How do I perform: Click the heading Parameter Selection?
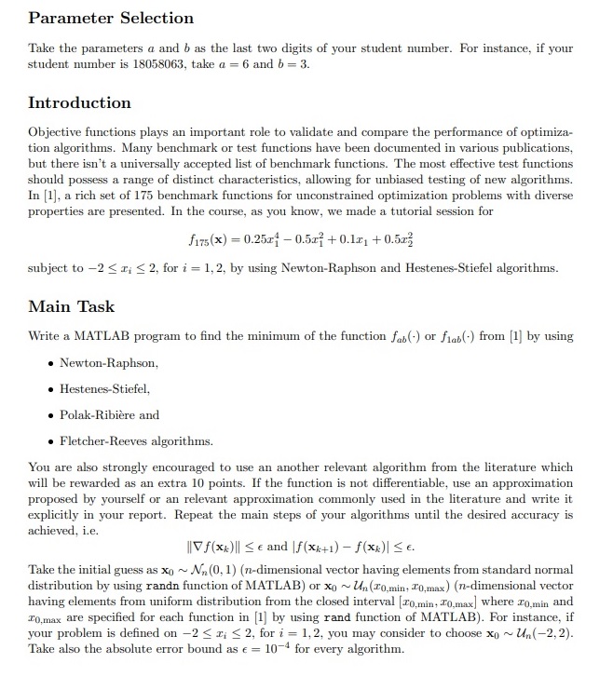click(111, 18)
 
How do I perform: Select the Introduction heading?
click(79, 102)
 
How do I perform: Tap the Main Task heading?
click(72, 306)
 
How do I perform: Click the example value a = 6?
click(228, 64)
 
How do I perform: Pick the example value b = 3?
click(292, 64)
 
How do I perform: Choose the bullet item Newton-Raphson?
click(109, 362)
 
